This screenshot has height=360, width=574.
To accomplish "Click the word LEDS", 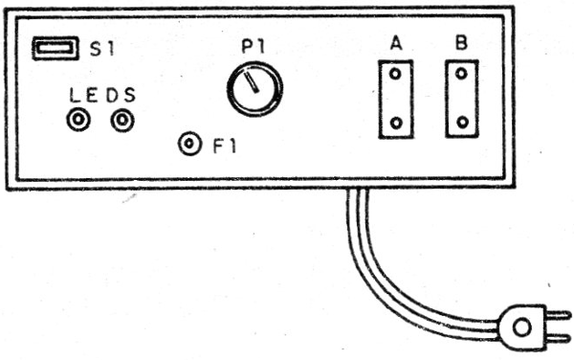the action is point(102,96).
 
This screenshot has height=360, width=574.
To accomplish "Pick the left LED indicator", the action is point(77,121).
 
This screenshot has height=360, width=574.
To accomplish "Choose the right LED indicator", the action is point(121,121).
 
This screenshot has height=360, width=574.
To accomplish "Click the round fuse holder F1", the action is point(190,145).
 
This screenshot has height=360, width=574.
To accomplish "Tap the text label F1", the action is point(225,146).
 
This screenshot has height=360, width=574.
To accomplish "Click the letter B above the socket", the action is point(461,44).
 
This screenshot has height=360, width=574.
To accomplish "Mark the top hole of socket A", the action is point(395,75).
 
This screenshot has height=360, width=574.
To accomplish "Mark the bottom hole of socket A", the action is point(395,123).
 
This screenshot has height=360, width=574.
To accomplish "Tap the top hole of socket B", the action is point(462,74).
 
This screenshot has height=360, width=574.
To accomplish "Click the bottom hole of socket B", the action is point(462,123).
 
